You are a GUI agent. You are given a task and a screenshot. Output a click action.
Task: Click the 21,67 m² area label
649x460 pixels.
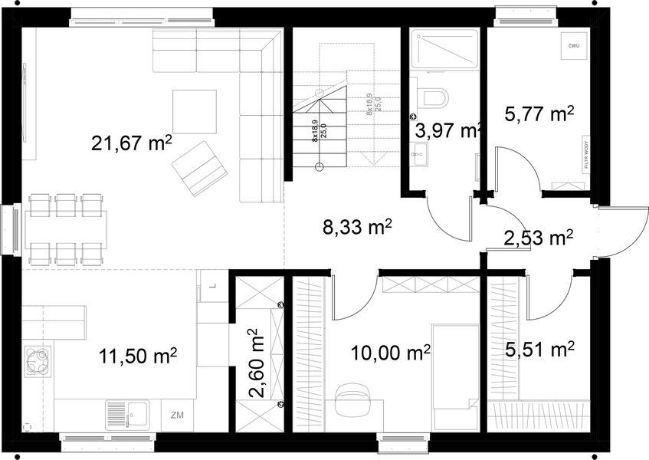point(131,143)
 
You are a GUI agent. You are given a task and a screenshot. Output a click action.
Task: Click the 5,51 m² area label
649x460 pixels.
point(539,350)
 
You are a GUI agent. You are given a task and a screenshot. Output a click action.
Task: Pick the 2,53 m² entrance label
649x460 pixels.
point(538,238)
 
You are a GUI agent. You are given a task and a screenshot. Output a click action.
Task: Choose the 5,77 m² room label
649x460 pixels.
point(539,115)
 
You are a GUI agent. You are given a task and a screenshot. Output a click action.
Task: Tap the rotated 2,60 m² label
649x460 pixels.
point(256,364)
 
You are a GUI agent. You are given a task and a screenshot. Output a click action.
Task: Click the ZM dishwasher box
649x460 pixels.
point(178,416)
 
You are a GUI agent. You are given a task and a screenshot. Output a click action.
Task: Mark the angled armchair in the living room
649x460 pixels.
point(198,167)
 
